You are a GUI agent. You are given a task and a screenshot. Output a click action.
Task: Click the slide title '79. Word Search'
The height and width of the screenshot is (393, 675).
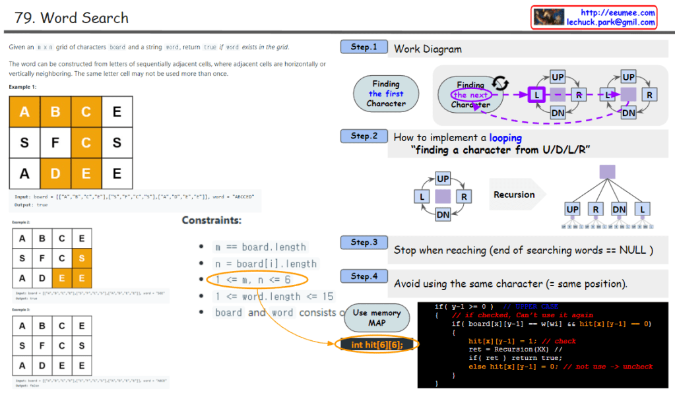pyautogui.click(x=71, y=18)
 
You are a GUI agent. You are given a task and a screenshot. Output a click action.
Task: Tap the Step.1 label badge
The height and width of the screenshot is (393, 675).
pyautogui.click(x=364, y=47)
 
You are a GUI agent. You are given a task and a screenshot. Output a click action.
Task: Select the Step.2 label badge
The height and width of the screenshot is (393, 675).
pyautogui.click(x=364, y=136)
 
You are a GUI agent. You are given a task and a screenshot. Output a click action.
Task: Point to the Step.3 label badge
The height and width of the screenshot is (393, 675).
pyautogui.click(x=364, y=243)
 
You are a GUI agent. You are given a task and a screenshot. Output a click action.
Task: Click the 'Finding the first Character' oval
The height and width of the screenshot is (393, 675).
pyautogui.click(x=386, y=94)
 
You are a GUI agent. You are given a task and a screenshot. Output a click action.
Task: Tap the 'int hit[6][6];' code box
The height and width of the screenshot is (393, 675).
pyautogui.click(x=377, y=345)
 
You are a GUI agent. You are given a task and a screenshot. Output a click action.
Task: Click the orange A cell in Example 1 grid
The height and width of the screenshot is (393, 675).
pyautogui.click(x=24, y=112)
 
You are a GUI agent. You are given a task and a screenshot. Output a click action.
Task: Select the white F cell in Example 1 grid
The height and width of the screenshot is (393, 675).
pyautogui.click(x=55, y=142)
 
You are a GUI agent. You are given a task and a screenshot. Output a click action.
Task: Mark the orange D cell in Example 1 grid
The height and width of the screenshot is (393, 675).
pyautogui.click(x=55, y=173)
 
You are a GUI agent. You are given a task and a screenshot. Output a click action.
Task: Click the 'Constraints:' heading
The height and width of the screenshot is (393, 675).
pyautogui.click(x=211, y=220)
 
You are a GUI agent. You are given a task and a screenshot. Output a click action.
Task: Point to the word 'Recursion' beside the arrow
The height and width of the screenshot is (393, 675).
pyautogui.click(x=514, y=195)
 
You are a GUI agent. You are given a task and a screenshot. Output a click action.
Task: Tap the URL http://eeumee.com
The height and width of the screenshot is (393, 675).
pyautogui.click(x=617, y=13)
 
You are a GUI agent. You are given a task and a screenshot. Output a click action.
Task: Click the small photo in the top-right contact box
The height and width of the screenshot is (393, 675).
pyautogui.click(x=548, y=17)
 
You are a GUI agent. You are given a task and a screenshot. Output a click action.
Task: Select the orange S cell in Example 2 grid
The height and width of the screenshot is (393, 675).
pyautogui.click(x=82, y=258)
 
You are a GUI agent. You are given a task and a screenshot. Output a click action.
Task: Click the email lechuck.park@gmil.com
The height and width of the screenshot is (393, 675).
pyautogui.click(x=610, y=22)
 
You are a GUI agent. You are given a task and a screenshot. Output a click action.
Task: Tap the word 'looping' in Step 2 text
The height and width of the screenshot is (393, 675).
pyautogui.click(x=505, y=138)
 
